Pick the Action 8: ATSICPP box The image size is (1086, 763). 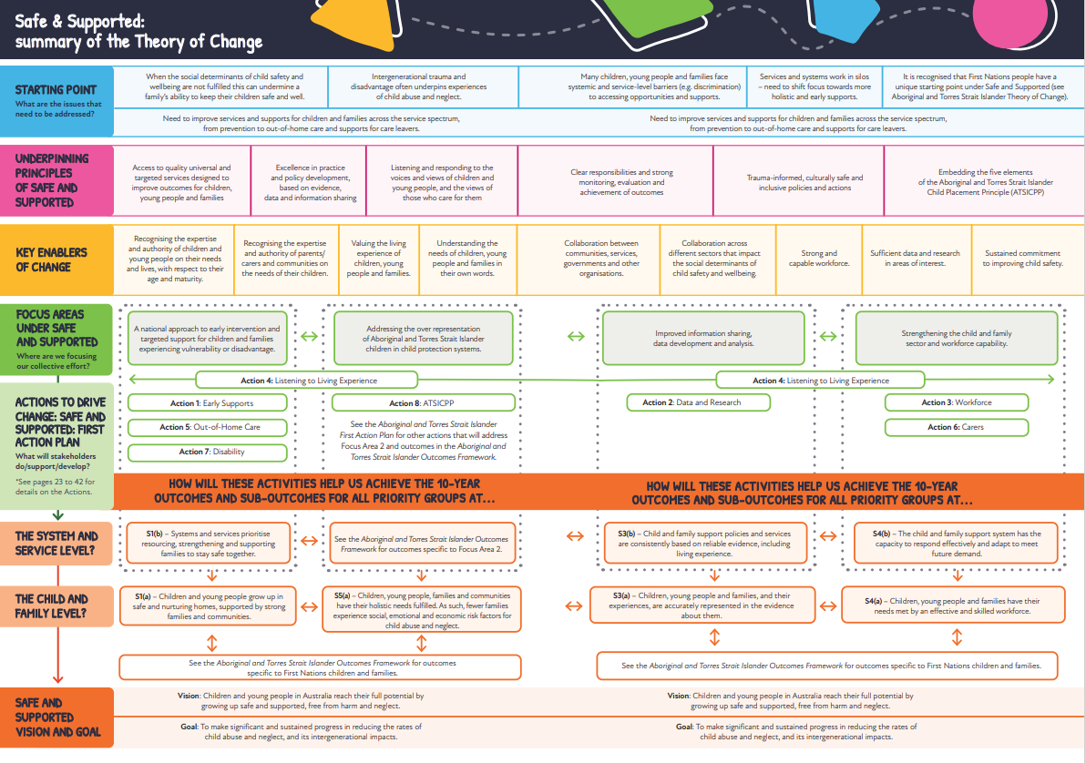[420, 403]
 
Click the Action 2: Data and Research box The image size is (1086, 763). [698, 402]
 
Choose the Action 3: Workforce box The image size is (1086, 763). [957, 402]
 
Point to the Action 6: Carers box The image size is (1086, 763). [957, 427]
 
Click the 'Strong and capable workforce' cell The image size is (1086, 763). [819, 259]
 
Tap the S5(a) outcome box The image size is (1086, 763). [421, 610]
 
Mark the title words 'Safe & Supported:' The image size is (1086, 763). [79, 20]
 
